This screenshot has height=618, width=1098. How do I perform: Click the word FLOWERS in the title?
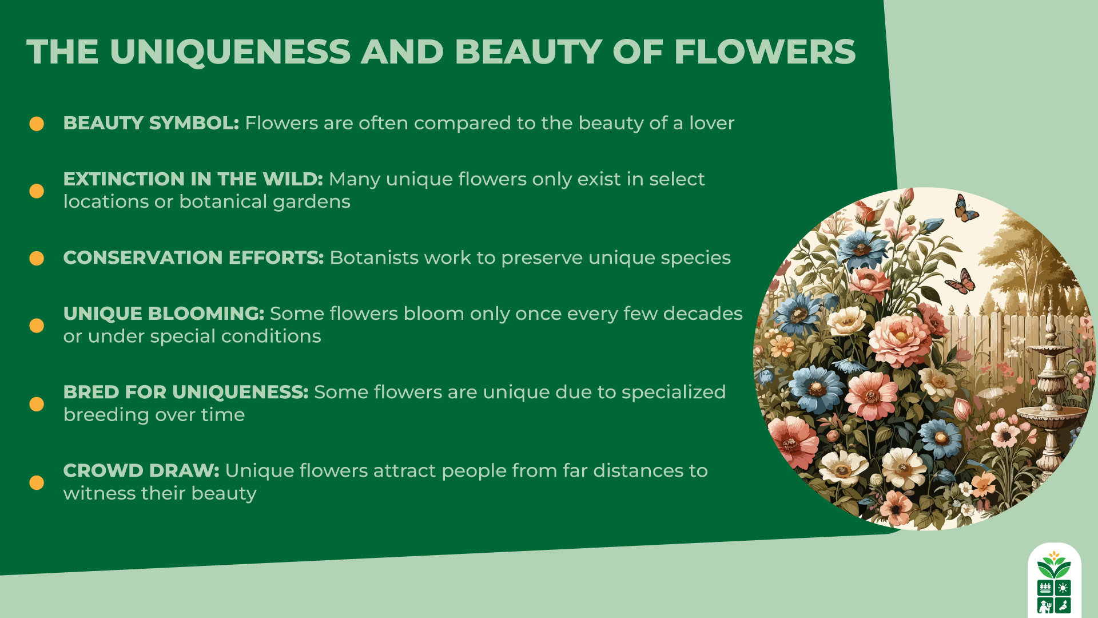click(x=765, y=51)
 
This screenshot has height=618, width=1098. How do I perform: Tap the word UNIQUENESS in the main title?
click(x=230, y=51)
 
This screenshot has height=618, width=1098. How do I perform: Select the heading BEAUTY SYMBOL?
click(x=151, y=123)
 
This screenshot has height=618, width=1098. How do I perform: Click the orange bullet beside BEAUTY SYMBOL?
click(x=37, y=124)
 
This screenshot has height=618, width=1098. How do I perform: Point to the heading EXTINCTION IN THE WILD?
click(x=193, y=179)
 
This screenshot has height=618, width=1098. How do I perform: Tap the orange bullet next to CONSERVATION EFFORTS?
click(x=37, y=259)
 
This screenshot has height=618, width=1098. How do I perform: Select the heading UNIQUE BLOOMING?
click(x=164, y=314)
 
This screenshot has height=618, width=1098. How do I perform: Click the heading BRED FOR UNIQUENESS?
click(x=186, y=392)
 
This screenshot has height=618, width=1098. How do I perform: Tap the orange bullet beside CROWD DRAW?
click(x=37, y=483)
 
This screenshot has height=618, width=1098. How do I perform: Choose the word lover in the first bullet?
click(x=711, y=123)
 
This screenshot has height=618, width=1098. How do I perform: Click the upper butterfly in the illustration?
click(x=965, y=209)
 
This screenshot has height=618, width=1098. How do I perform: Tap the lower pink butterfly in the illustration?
click(x=961, y=282)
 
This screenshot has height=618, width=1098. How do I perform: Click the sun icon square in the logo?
click(x=1063, y=588)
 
